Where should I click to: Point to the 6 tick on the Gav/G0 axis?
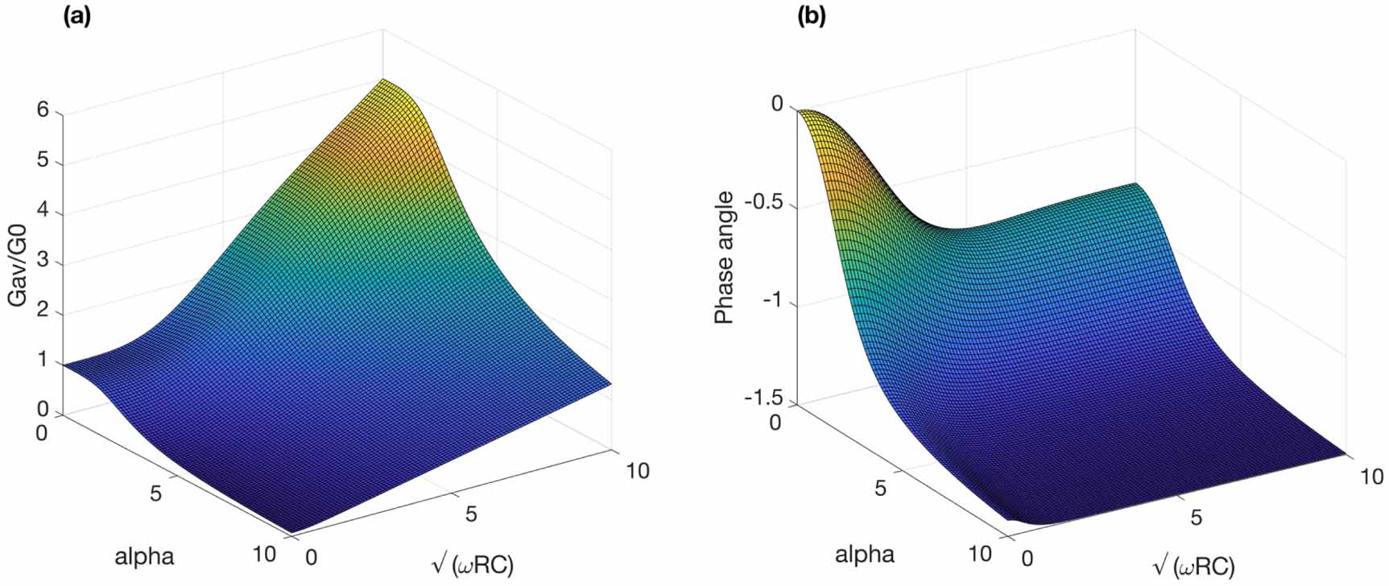coord(42,111)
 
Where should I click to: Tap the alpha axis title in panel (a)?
coord(144,556)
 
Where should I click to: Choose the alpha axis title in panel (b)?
coord(864,554)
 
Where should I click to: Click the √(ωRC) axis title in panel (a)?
coord(473,564)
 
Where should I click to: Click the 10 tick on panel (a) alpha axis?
coord(263,554)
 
